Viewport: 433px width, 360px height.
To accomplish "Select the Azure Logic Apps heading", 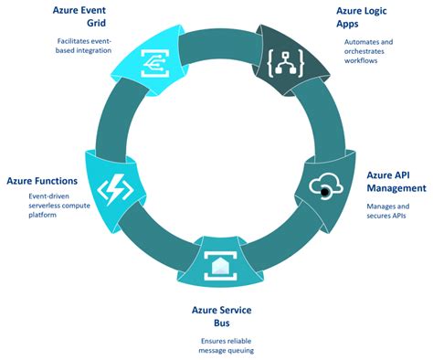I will click(364, 17).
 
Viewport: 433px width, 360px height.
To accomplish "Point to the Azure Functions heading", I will click(45, 180).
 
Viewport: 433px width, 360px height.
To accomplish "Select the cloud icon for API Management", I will click(326, 187).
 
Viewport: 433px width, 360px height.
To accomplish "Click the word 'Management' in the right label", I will click(396, 188).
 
